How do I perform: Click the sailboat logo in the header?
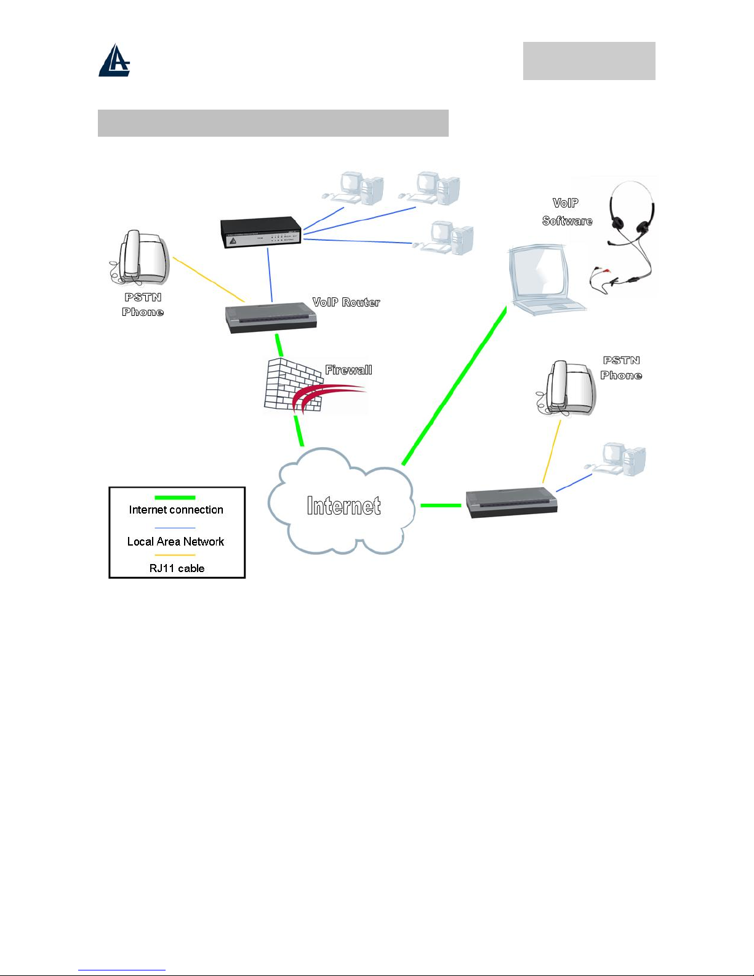114,60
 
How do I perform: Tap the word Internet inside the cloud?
344,506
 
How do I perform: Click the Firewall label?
349,369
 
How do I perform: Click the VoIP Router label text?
346,302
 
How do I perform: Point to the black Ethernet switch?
261,232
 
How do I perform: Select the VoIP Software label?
567,212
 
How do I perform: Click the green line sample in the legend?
175,498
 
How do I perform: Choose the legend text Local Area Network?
175,541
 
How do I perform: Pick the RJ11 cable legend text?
177,568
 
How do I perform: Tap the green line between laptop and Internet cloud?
454,385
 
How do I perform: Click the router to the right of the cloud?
511,503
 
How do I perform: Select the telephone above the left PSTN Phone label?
139,257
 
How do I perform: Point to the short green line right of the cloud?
441,506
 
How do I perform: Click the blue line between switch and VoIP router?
270,275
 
